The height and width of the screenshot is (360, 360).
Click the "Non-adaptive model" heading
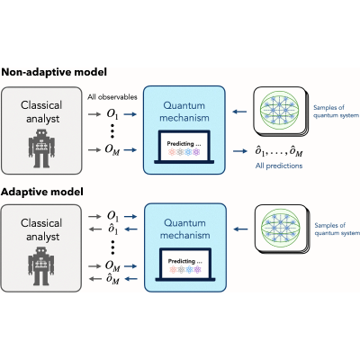[x=54, y=73]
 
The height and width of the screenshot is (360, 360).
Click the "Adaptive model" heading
[x=42, y=192]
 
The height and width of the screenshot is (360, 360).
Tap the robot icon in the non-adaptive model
[x=42, y=148]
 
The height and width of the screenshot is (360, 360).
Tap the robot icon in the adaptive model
[x=41, y=266]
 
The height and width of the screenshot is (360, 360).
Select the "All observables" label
[x=112, y=97]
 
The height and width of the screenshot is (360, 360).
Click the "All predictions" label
[x=279, y=166]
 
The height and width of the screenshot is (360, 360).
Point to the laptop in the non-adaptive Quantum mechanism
[x=184, y=147]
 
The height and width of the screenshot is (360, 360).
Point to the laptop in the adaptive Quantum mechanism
[x=185, y=265]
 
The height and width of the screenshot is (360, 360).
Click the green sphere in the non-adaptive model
[x=279, y=111]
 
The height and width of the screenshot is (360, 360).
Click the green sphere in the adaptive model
[x=281, y=229]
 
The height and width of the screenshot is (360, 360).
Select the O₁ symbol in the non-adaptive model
[x=112, y=114]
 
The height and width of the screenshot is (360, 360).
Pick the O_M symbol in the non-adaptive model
[x=112, y=149]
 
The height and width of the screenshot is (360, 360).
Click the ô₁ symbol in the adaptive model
[x=112, y=229]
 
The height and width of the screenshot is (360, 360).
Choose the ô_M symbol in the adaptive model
[x=112, y=279]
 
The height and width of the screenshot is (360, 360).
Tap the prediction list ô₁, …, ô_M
[x=279, y=151]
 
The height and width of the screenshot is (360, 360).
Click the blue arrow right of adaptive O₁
[x=130, y=216]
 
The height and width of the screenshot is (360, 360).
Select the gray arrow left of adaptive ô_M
[x=95, y=279]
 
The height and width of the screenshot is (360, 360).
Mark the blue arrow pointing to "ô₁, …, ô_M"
[x=239, y=151]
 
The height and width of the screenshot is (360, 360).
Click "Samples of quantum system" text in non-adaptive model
[x=336, y=112]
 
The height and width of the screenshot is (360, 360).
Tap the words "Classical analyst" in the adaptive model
[x=41, y=229]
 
